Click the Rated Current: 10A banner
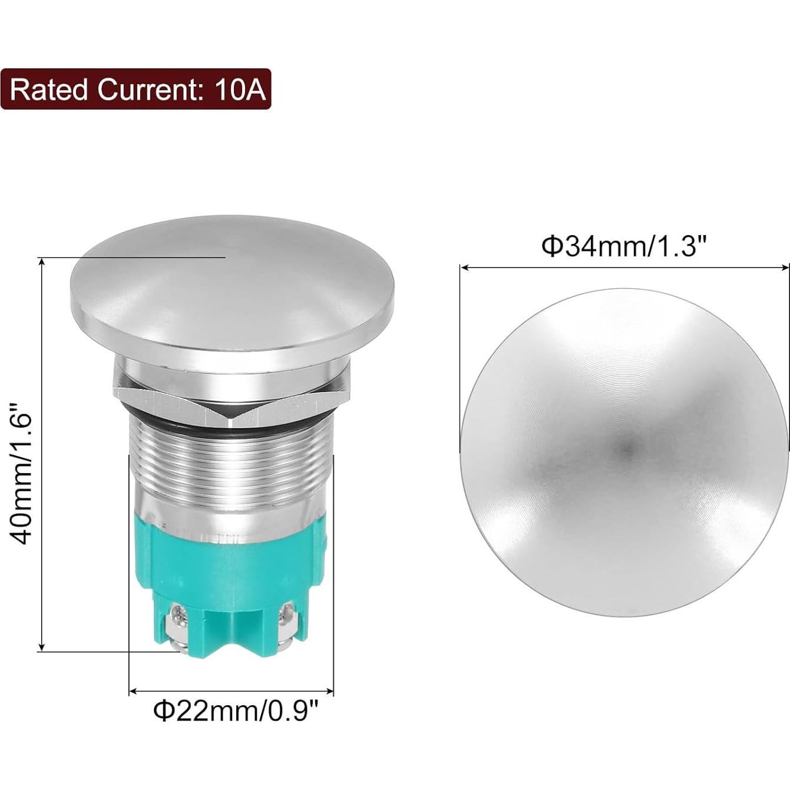(135, 90)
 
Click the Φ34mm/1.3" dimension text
(624, 246)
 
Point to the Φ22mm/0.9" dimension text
(236, 710)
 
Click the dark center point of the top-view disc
(626, 451)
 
